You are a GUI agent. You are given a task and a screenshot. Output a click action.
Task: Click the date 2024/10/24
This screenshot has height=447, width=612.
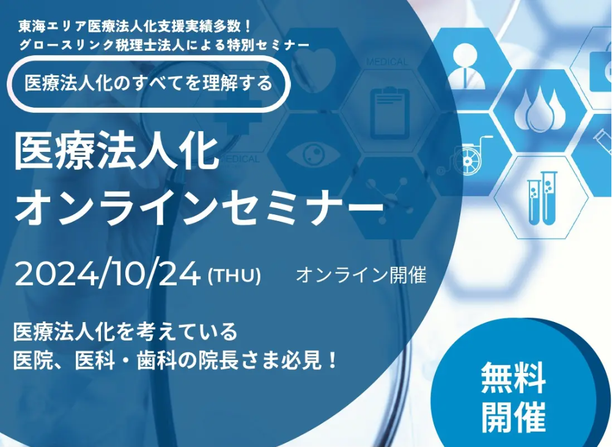[108, 274]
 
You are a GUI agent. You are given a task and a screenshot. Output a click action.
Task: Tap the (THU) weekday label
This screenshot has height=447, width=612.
[235, 276]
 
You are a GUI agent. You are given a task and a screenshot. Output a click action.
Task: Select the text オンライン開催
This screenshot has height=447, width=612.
[361, 275]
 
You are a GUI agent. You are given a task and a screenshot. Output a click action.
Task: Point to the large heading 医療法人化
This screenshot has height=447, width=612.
[116, 152]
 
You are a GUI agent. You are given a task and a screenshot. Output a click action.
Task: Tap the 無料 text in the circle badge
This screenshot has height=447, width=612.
[513, 378]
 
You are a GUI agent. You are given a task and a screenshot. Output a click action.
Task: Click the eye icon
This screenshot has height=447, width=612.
[314, 152]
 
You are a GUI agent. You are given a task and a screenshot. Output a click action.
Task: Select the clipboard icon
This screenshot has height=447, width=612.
[389, 114]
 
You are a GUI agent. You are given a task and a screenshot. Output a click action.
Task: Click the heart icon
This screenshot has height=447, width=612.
[314, 70]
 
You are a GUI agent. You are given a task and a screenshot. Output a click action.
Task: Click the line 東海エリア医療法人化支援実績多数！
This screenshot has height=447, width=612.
[135, 27]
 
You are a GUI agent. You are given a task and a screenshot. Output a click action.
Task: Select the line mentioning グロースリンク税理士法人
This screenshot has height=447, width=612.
[164, 45]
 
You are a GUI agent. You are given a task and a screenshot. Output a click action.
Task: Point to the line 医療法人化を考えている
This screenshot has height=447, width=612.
[125, 331]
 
